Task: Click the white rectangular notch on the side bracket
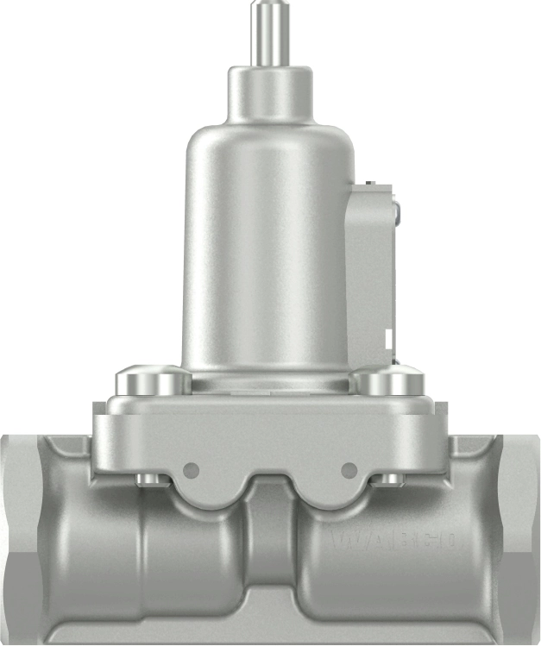[389, 338]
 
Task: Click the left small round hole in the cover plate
[192, 470]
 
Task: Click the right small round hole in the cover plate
[349, 470]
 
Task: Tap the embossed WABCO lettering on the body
[395, 541]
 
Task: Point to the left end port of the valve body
[22, 526]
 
